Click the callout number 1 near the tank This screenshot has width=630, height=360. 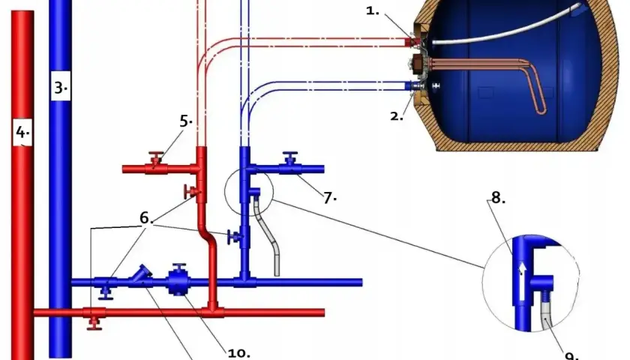point(372,10)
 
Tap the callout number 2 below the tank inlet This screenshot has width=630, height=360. point(397,116)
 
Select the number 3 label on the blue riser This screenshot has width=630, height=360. point(61,87)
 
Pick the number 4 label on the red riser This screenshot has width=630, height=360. point(22,131)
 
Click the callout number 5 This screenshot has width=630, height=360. point(185,121)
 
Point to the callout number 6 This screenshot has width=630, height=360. point(146,217)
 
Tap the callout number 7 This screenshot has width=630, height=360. point(329,198)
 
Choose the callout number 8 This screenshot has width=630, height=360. point(498,197)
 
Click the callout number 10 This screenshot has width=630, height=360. point(238,352)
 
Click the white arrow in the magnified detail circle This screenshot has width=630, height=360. point(521,280)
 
